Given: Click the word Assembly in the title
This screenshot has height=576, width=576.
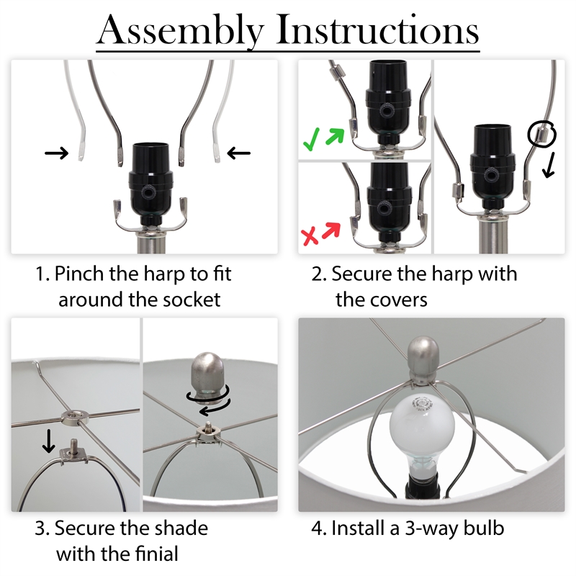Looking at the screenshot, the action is tap(181, 30).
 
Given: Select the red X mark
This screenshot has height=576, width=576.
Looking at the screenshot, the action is tap(310, 235).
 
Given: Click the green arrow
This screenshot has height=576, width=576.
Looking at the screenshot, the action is tap(334, 137).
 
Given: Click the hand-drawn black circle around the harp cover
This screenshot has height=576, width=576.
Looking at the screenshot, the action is tap(541, 134).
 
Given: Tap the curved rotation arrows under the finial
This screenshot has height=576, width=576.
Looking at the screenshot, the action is tap(209, 401).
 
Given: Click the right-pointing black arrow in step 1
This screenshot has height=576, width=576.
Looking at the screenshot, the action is tap(56, 153).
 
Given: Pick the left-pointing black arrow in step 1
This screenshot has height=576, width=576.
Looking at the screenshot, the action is tap(239, 153).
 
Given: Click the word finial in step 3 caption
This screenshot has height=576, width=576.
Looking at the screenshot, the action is tap(156, 554).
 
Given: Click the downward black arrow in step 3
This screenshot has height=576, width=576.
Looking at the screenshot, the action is tap(48, 442).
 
